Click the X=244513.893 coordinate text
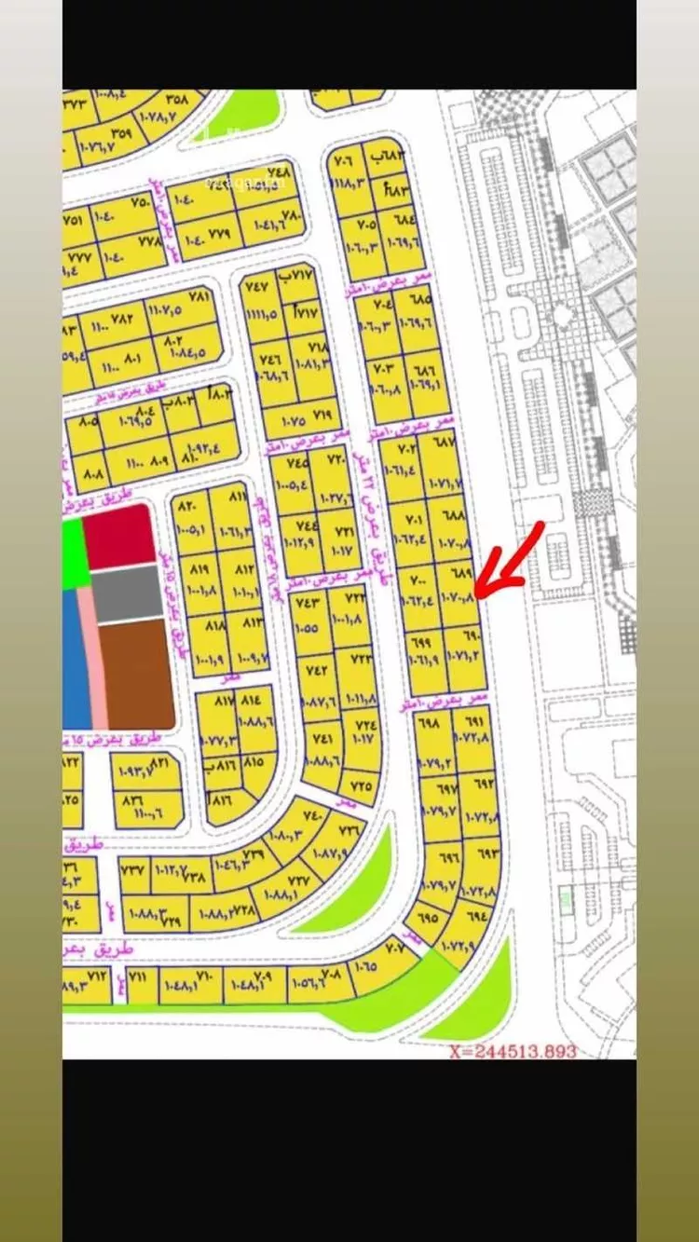512,1051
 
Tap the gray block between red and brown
128,593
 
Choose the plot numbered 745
297,463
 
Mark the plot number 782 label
121,317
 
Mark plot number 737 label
134,869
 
